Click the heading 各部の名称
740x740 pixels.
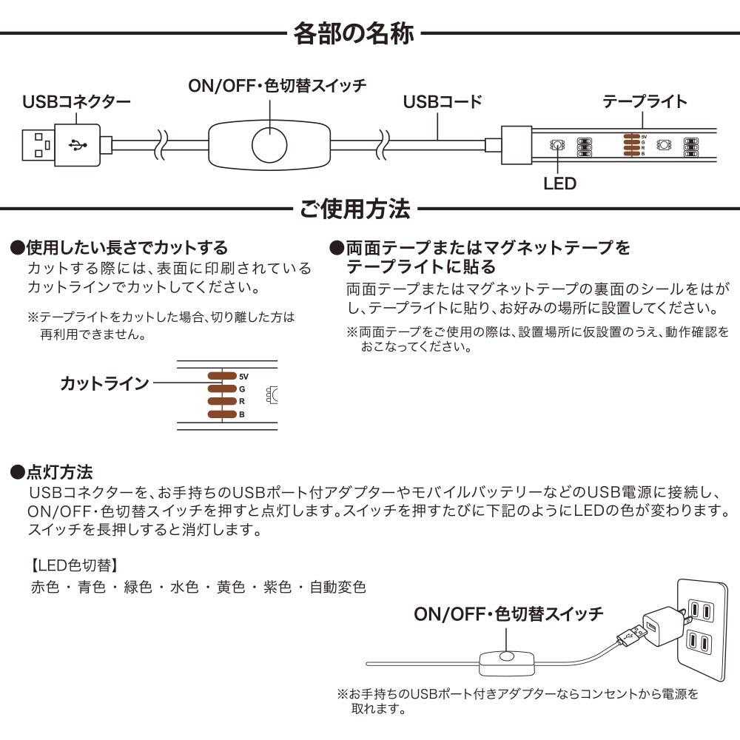[x=354, y=33]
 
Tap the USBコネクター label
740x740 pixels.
[x=76, y=101]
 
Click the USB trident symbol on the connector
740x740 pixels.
[x=78, y=145]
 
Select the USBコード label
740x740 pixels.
[x=443, y=101]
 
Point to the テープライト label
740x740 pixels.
[x=645, y=101]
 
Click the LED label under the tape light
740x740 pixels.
[x=559, y=183]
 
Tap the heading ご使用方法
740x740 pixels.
[x=355, y=209]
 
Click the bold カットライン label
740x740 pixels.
[x=105, y=383]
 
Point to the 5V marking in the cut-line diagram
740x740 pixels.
[x=243, y=377]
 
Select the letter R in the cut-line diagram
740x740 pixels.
[x=242, y=402]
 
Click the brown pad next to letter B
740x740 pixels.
[x=222, y=414]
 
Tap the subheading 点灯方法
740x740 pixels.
[x=52, y=472]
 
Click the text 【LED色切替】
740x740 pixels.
[x=73, y=565]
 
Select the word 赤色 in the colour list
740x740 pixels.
[x=45, y=587]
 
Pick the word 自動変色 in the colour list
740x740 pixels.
[x=338, y=587]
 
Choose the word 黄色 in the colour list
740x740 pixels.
[x=231, y=587]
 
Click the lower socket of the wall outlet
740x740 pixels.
[x=699, y=642]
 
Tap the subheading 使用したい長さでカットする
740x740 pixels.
[x=119, y=247]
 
